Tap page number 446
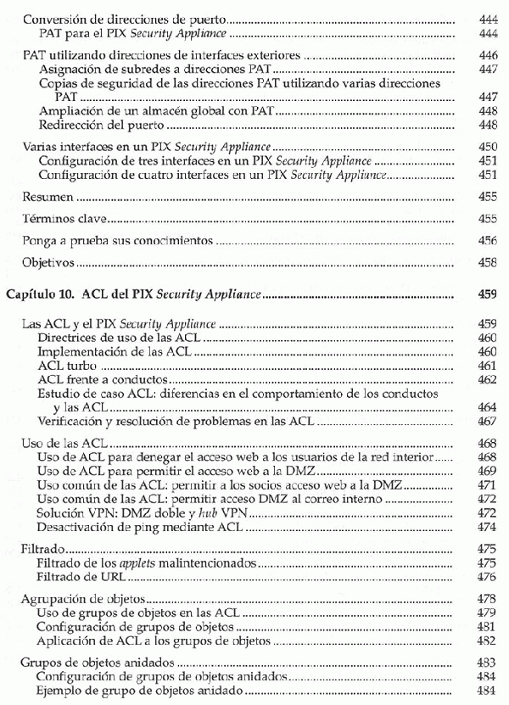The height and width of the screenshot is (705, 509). [x=487, y=55]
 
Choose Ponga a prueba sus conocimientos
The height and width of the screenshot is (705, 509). [x=117, y=241]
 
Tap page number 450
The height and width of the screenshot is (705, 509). [x=487, y=147]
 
